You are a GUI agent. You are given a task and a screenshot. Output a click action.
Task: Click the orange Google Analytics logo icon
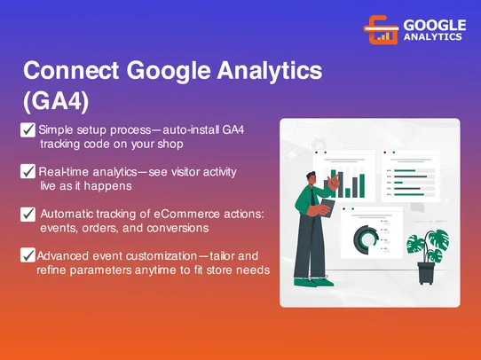381,30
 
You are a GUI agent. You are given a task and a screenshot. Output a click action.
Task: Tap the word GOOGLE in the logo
433,24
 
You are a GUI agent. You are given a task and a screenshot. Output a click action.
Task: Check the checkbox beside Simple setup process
28,130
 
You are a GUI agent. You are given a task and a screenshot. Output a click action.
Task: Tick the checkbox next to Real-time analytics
28,171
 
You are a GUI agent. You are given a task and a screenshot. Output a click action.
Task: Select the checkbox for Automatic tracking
28,214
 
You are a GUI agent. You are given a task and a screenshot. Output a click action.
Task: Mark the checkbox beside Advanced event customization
28,255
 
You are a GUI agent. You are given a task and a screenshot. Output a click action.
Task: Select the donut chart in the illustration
365,236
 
